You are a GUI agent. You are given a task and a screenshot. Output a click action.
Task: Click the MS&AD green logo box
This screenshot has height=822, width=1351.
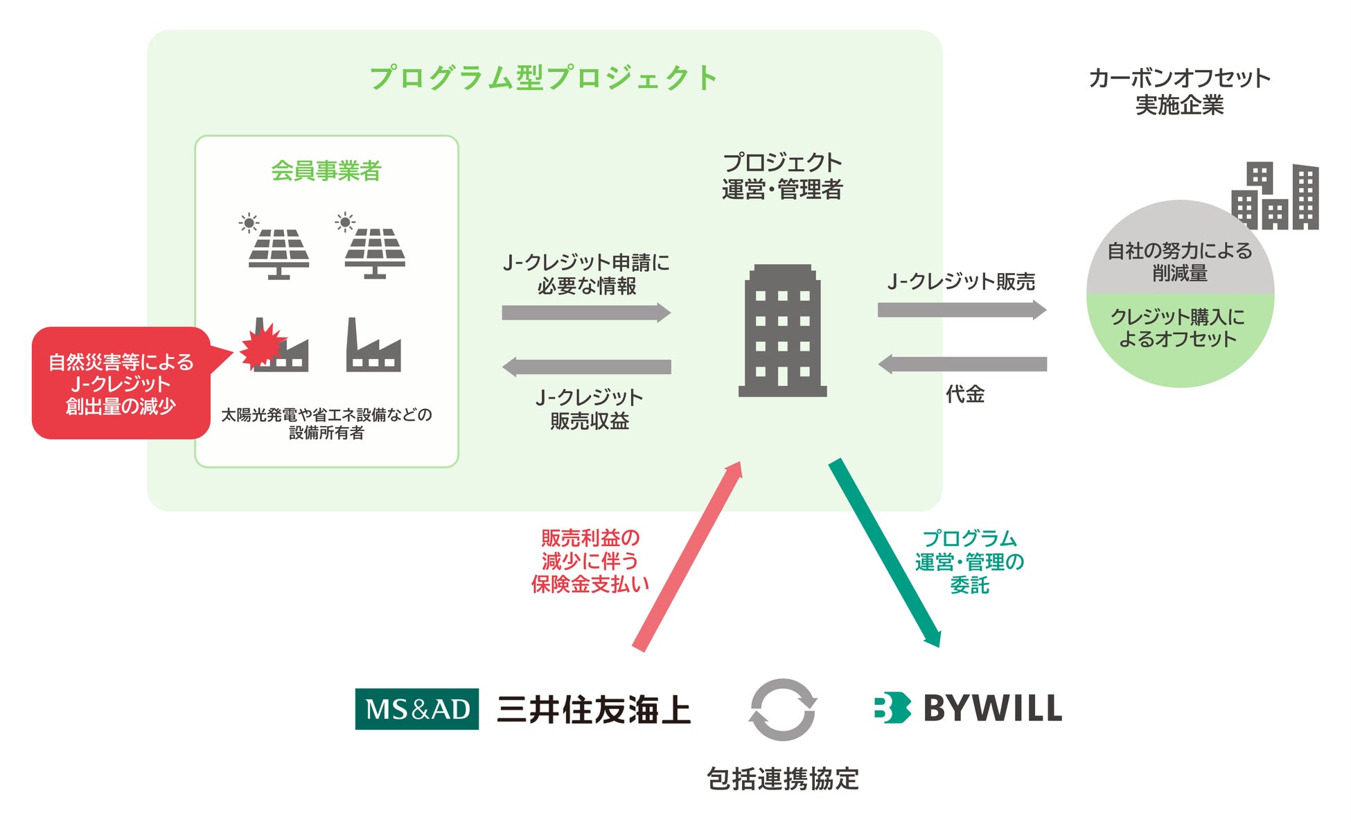[x=416, y=708]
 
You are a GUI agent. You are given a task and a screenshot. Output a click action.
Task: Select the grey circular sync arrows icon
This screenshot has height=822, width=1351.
[x=783, y=710]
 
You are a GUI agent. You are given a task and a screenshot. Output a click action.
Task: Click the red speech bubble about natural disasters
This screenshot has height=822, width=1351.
[x=121, y=383]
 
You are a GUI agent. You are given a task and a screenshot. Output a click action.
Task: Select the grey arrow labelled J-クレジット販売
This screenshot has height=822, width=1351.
[x=962, y=310]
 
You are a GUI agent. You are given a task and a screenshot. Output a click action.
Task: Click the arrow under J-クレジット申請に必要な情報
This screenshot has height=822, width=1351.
[x=586, y=313]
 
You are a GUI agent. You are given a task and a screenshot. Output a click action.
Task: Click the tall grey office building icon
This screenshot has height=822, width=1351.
[x=783, y=331]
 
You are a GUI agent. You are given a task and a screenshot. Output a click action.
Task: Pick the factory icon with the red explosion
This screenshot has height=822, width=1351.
[x=274, y=346]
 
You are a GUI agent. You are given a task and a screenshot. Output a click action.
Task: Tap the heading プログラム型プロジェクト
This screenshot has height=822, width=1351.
[x=544, y=78]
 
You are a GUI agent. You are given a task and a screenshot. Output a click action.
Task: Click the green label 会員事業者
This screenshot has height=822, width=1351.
[x=326, y=170]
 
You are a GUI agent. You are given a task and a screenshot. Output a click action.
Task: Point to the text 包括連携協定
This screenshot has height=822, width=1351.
[x=783, y=779]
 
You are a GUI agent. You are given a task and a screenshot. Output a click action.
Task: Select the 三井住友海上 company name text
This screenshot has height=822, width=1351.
[x=594, y=710]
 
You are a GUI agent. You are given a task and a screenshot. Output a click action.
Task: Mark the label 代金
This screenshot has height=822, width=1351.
[x=965, y=394]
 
